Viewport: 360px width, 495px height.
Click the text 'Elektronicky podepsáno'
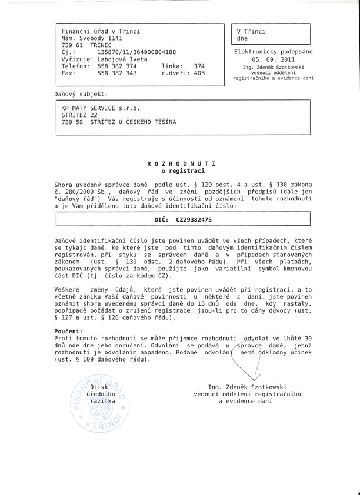tap(274, 52)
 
